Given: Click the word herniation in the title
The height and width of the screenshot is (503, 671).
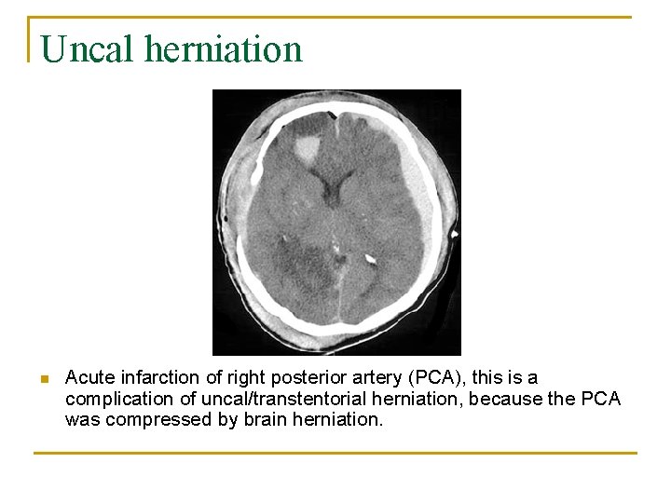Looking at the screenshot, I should click(x=224, y=49).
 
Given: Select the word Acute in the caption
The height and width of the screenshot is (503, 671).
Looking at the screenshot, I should click(x=88, y=378).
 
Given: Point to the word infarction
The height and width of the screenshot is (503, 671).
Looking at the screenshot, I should click(x=155, y=378).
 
